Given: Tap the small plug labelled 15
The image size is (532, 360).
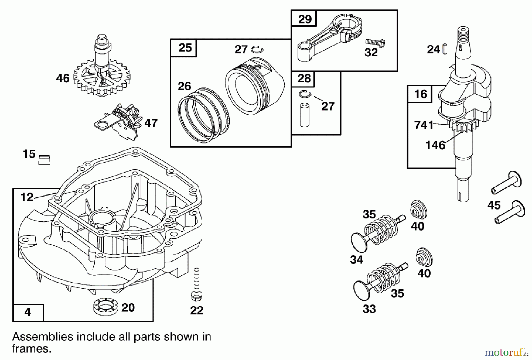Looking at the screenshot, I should coord(44,160).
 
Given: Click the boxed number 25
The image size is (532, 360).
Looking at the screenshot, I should coord(185,48).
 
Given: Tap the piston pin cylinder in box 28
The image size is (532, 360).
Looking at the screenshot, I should coord(304,115).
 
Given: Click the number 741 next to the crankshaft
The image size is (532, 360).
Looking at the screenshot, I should coord(424,125).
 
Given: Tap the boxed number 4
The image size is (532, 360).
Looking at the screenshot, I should coord(28,312).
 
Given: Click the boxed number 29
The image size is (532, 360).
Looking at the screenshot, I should coord(304,19).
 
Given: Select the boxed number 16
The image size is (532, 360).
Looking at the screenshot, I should coord(420,94).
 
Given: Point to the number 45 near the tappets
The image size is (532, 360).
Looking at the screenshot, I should coord(494,205).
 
